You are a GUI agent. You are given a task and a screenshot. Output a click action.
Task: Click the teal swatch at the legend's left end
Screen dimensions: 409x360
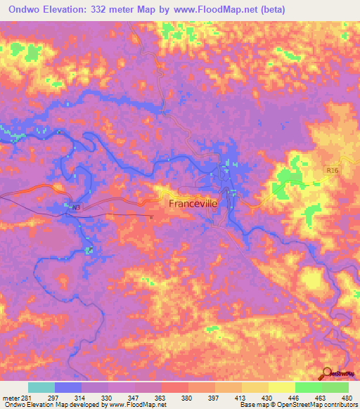[41, 387]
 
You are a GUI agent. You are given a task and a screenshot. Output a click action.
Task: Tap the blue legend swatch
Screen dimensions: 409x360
[68, 387]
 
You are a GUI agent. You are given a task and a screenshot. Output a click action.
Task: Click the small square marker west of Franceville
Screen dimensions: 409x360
[151, 217]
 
